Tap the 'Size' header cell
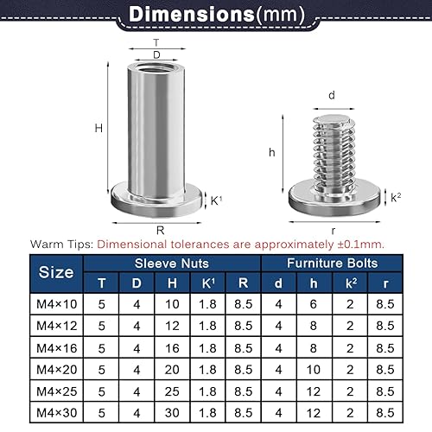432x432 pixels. click(x=57, y=272)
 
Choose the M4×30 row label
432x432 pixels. click(x=57, y=413)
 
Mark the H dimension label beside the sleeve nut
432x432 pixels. click(x=99, y=128)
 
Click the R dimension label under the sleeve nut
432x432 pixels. click(x=160, y=230)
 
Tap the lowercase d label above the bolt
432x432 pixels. click(x=331, y=95)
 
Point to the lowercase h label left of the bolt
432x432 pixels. click(x=272, y=151)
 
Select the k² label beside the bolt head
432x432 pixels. click(x=396, y=198)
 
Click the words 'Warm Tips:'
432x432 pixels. click(x=61, y=245)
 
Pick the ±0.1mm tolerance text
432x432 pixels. click(x=361, y=245)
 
